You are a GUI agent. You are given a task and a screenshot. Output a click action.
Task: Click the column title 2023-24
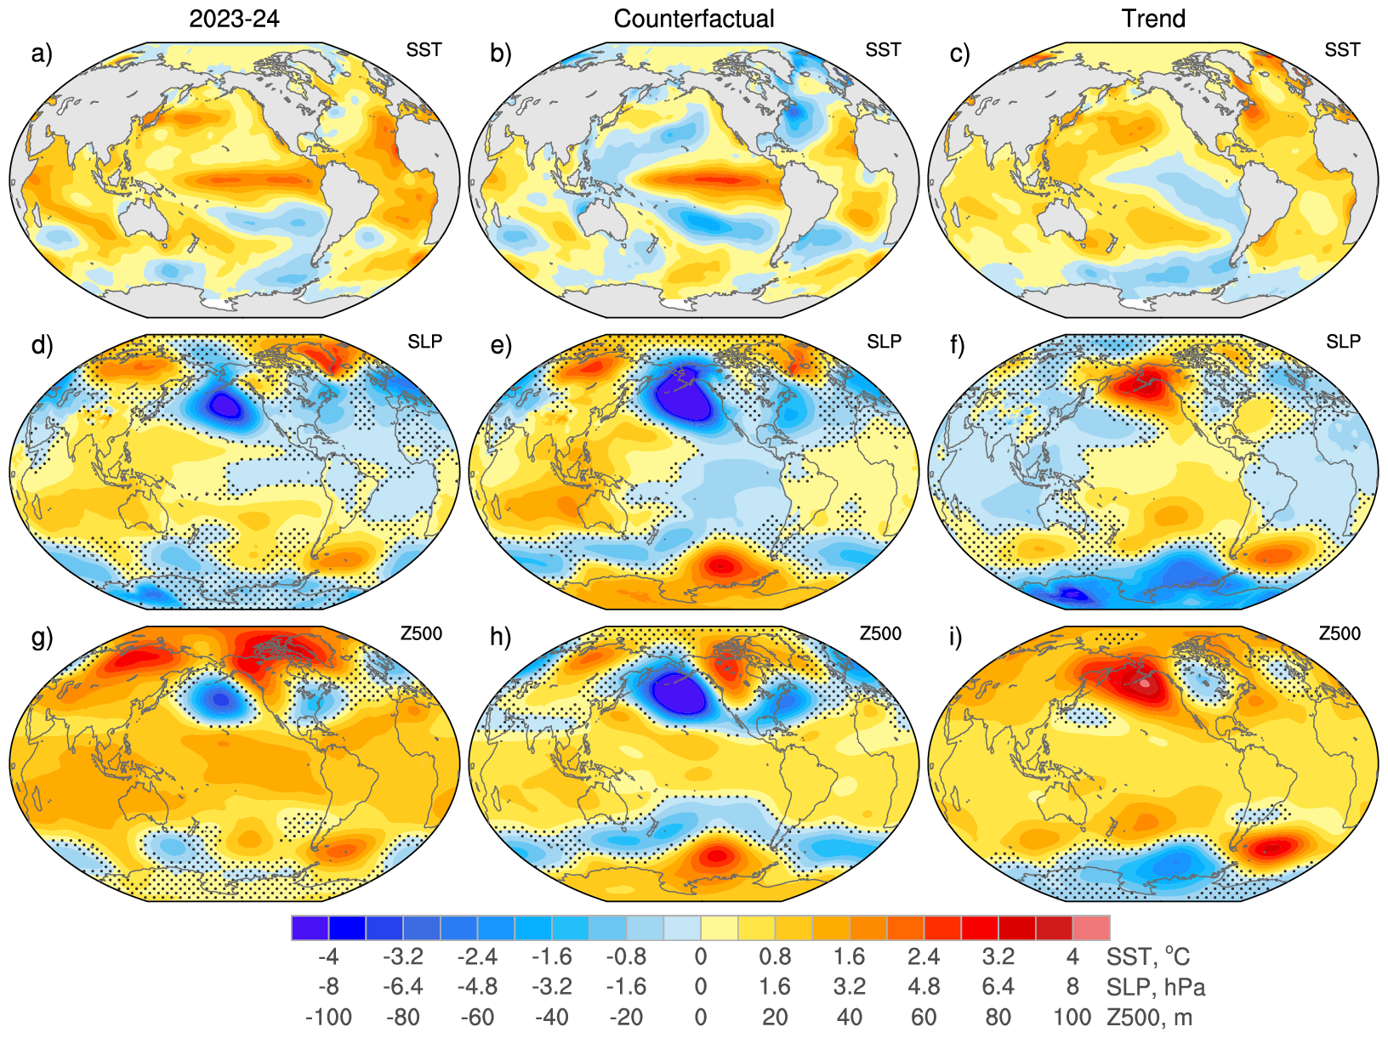234,19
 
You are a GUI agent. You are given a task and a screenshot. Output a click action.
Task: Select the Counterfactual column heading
694,19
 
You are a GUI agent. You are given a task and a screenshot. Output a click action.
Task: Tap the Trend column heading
1153,19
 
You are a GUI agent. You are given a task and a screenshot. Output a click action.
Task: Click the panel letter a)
42,54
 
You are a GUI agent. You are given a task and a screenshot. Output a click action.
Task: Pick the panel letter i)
959,637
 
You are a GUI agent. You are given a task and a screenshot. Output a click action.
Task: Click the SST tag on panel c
1342,50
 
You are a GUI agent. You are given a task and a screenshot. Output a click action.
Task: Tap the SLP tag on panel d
424,342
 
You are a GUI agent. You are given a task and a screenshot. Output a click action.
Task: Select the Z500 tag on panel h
880,633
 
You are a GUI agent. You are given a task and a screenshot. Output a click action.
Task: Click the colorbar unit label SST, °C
1148,957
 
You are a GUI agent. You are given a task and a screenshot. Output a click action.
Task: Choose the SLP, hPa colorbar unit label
1156,987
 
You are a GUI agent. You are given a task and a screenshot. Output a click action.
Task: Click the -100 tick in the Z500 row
328,1017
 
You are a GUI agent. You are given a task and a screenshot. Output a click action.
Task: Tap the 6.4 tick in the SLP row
998,987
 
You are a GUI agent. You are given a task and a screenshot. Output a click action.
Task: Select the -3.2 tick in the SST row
403,957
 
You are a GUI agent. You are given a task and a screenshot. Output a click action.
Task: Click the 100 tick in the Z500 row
1072,1017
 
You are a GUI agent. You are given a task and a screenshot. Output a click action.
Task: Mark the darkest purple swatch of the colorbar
310,927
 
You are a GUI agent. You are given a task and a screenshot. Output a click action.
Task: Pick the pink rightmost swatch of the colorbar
1091,927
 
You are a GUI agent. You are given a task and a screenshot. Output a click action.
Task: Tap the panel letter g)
42,637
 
